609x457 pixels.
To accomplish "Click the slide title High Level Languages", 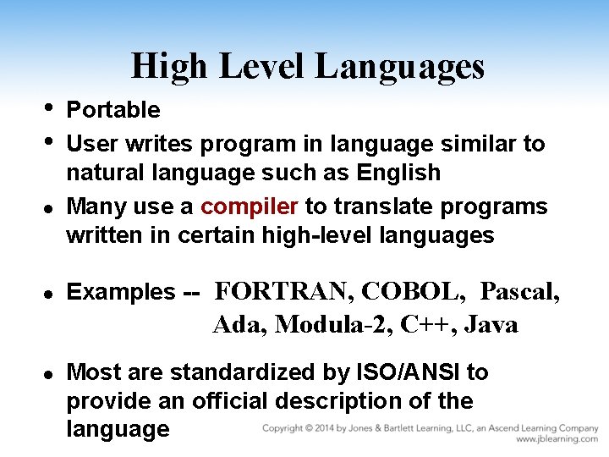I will [308, 66].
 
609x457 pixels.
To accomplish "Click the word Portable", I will [113, 110].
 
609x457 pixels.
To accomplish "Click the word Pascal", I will [519, 292].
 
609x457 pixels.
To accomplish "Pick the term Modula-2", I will [332, 324].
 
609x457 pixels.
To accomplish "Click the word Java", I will [491, 324].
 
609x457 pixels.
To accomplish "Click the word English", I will [398, 173].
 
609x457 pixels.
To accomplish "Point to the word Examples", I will [120, 293].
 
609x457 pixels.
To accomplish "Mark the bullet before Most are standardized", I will [49, 373].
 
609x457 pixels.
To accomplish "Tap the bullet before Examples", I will [49, 294].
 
